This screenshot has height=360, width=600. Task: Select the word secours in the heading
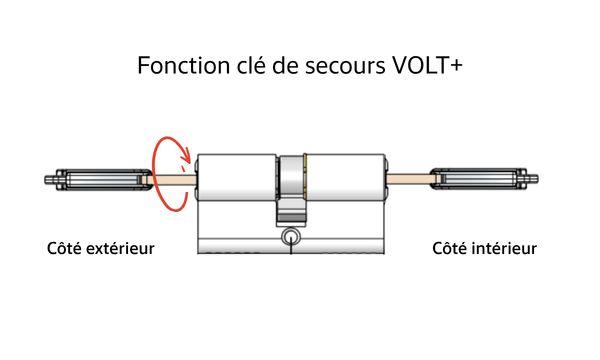pos(345,66)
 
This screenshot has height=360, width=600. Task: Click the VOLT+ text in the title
pos(428,65)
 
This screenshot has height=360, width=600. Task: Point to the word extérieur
pos(120,248)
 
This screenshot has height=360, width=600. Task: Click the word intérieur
pos(504,248)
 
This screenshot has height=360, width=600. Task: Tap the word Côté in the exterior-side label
pos(64,248)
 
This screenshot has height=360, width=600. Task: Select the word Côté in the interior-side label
pos(450,248)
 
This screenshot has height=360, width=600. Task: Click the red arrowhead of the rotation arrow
pos(185,155)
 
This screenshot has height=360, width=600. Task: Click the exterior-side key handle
pos(99,179)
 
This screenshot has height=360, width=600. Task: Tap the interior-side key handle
pos(484,179)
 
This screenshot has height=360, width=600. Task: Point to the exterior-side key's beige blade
pos(172,180)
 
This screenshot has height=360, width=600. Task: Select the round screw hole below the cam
pos(291,236)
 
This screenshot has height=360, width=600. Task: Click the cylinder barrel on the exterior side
pos(237,178)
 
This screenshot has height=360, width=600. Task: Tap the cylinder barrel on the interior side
pos(346,178)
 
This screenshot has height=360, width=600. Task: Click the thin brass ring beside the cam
pos(305,177)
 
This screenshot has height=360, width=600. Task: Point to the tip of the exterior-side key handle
pos(46,179)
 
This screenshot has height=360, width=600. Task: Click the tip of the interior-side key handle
pos(537,179)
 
